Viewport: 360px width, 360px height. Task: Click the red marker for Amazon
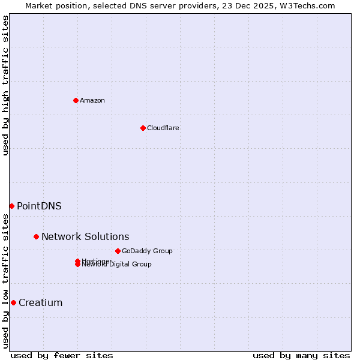[76, 100]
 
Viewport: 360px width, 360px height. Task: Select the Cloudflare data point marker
[143, 128]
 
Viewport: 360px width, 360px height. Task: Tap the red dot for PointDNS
[11, 206]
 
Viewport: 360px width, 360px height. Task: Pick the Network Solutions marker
[36, 236]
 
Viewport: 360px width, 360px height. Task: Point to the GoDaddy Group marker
[118, 251]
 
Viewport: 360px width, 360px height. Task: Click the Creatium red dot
[13, 302]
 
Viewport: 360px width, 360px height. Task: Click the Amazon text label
[92, 100]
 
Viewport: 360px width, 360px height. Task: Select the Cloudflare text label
[163, 128]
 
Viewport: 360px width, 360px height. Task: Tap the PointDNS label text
[39, 206]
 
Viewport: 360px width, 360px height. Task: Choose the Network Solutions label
[85, 236]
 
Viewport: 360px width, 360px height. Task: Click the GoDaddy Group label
[147, 251]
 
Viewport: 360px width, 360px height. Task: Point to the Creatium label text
[41, 302]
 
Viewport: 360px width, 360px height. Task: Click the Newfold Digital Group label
[117, 265]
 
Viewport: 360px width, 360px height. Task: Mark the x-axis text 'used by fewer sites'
[62, 355]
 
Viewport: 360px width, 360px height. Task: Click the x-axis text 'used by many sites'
[301, 355]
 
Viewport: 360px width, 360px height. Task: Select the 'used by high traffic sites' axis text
[6, 85]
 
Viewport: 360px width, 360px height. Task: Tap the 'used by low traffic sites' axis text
[6, 281]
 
